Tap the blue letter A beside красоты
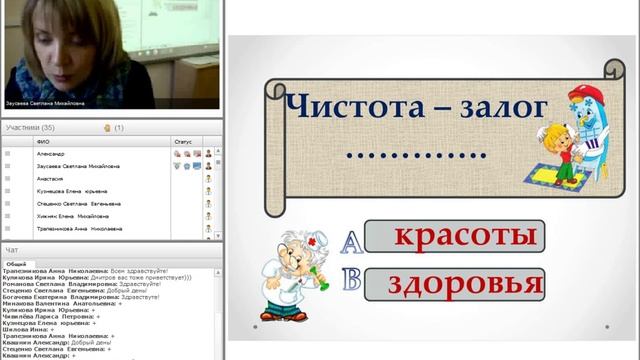pyautogui.click(x=351, y=240)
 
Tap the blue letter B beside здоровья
pyautogui.click(x=351, y=280)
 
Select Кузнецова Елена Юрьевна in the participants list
pyautogui.click(x=71, y=190)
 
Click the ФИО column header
pyautogui.click(x=43, y=142)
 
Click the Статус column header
pyautogui.click(x=183, y=142)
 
